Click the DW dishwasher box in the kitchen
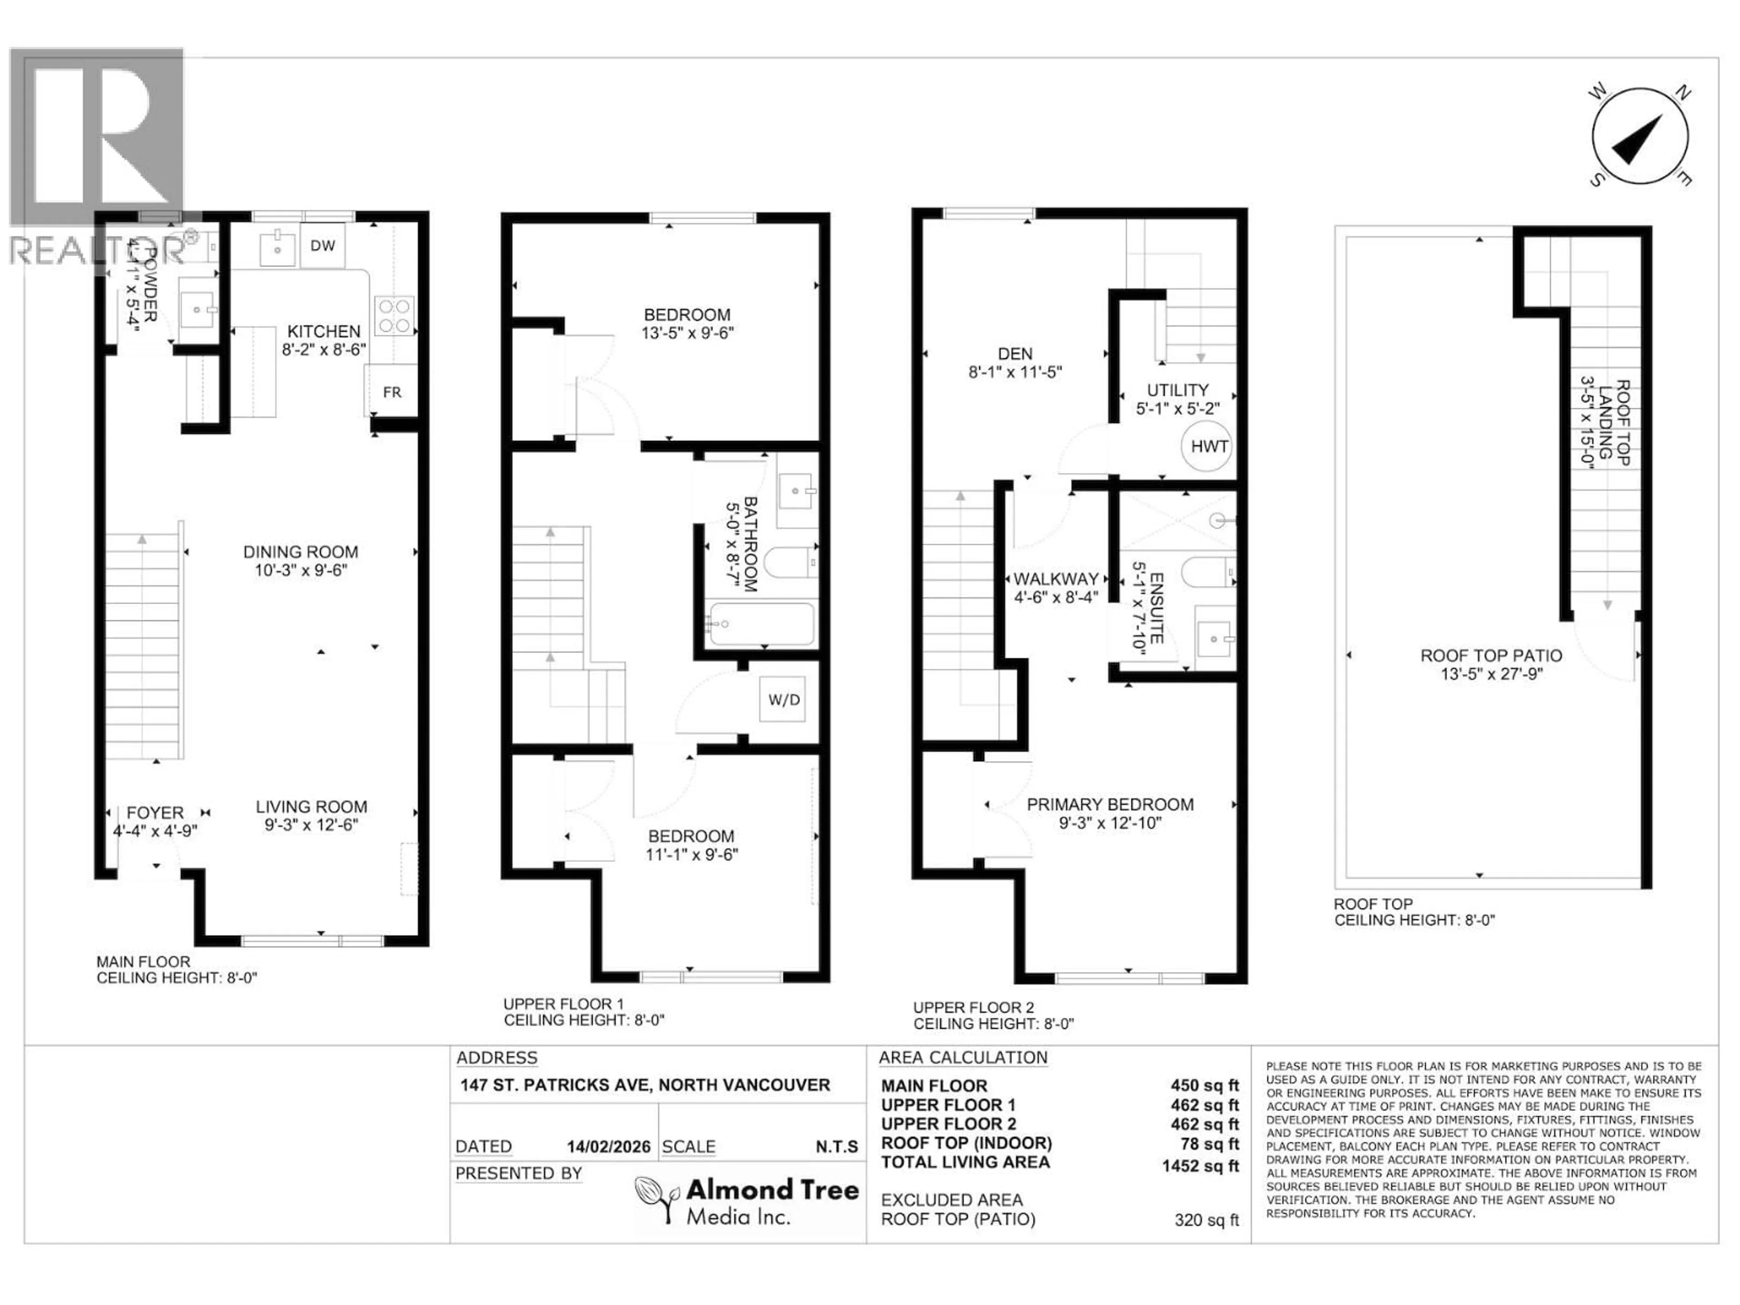point(323,246)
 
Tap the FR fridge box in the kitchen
point(392,392)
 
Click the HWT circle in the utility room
point(1208,447)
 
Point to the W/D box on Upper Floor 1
point(783,699)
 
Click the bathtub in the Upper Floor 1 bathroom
point(760,624)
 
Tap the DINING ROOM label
point(300,552)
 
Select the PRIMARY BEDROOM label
point(1110,805)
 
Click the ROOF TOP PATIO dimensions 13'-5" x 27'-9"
point(1491,674)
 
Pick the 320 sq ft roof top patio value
point(1206,1220)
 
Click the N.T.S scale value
point(836,1147)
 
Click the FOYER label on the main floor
point(155,812)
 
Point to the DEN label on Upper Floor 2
point(1015,354)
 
